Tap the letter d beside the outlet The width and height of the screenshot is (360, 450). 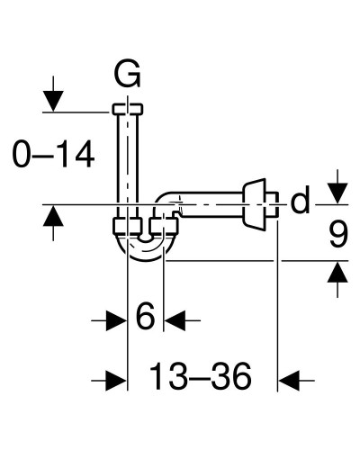point(301,202)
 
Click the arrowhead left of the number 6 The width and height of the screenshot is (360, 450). point(116,319)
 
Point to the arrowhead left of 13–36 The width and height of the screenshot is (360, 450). point(115,380)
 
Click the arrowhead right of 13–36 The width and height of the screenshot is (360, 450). point(289,380)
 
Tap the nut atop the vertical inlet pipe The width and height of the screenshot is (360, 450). point(129,109)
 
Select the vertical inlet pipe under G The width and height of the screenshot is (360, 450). point(129,162)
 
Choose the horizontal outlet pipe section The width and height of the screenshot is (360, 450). point(211,200)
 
